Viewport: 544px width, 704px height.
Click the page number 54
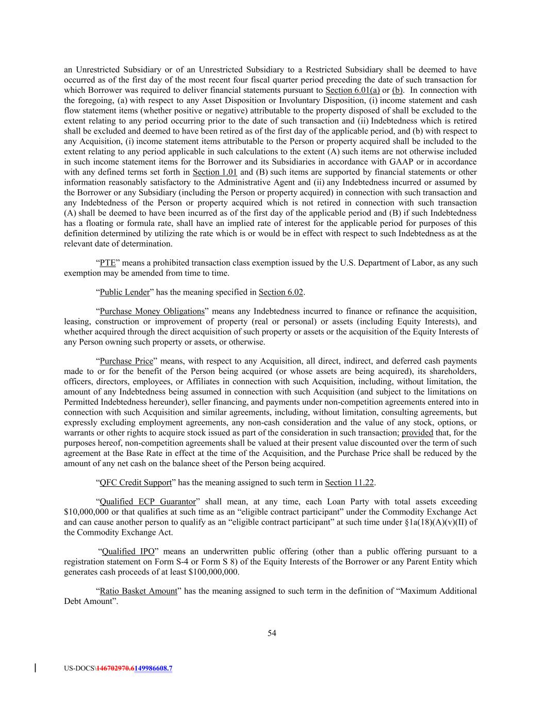point(272,633)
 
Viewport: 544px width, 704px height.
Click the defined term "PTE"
point(107,263)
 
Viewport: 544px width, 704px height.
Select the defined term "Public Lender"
point(124,292)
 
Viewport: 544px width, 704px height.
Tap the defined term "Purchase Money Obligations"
point(152,312)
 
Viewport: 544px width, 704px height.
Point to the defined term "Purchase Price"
point(126,361)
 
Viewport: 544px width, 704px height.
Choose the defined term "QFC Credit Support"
point(136,483)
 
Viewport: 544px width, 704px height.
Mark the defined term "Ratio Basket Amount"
point(138,591)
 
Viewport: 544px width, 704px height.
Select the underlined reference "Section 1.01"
point(215,172)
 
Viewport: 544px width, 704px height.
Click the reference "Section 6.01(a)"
point(353,90)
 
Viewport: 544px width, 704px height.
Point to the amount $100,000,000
point(214,572)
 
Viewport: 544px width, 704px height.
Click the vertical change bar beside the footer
point(35,668)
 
